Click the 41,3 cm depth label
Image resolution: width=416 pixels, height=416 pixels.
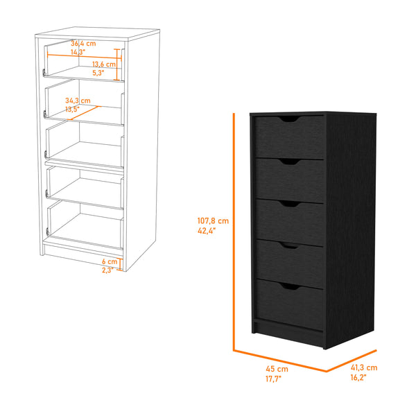[x=363, y=367]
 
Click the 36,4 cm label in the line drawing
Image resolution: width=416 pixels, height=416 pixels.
[x=83, y=43]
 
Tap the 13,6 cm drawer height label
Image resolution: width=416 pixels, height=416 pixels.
[x=104, y=64]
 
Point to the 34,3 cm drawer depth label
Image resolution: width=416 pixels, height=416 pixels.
[x=79, y=101]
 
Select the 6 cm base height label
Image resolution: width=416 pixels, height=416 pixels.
[x=108, y=261]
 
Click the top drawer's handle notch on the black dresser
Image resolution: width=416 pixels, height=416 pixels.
[x=288, y=120]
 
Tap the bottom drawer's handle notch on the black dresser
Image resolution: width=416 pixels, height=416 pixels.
[x=287, y=286]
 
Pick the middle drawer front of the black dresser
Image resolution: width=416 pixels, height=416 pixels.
[x=288, y=222]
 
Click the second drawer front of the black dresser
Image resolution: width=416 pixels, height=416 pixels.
[x=288, y=179]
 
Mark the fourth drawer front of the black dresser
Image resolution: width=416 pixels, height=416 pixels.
[x=288, y=263]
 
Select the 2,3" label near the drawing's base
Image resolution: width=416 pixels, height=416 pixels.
[x=107, y=270]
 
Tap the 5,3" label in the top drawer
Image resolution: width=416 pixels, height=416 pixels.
[x=98, y=73]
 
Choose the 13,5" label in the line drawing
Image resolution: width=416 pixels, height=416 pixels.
[x=73, y=110]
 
